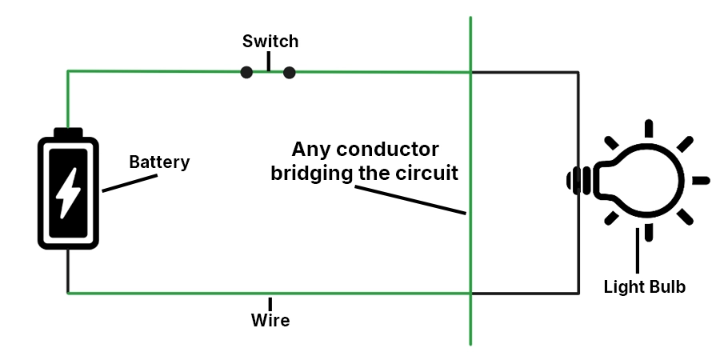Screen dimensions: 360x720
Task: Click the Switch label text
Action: point(270,42)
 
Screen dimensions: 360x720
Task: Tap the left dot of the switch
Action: point(246,73)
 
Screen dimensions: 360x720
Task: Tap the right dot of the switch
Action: point(290,73)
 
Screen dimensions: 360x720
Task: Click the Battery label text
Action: point(159,162)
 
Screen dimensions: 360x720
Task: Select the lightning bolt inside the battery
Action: point(68,192)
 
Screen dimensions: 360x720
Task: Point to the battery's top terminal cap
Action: point(68,132)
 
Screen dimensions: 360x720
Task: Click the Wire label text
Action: point(270,322)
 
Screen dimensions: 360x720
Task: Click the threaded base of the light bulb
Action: point(580,181)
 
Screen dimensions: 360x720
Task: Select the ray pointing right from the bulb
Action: point(700,181)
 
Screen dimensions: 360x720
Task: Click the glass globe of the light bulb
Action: point(649,181)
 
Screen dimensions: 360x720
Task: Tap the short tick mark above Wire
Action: point(270,304)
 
